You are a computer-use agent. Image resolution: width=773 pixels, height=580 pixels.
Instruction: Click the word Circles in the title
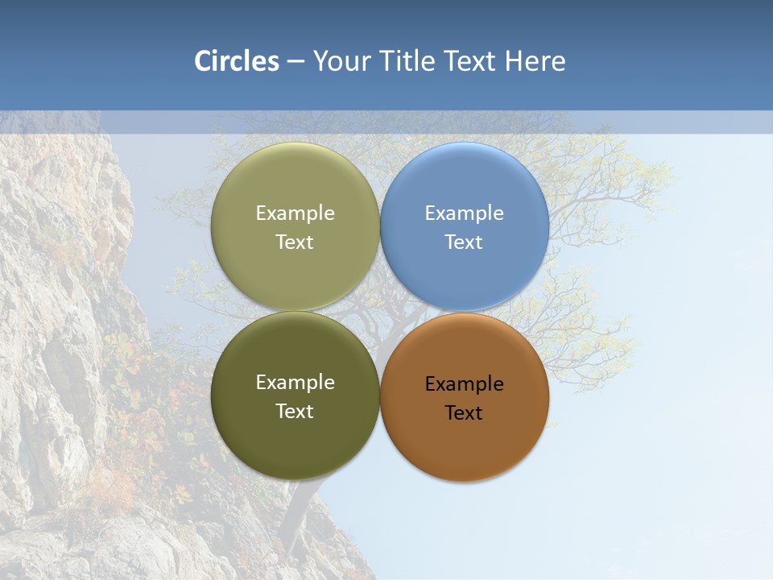pyautogui.click(x=236, y=61)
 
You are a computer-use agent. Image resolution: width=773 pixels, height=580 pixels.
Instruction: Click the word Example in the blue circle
pyautogui.click(x=464, y=213)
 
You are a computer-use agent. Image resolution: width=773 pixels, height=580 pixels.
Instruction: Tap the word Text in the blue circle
pyautogui.click(x=464, y=242)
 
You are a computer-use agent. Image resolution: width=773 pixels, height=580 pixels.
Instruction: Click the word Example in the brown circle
pyautogui.click(x=464, y=384)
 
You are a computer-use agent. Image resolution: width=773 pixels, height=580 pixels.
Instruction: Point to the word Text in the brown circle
pyautogui.click(x=464, y=413)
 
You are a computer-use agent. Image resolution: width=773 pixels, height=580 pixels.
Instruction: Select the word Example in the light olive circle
pyautogui.click(x=295, y=213)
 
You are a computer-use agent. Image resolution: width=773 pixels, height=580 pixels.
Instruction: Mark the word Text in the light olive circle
pyautogui.click(x=295, y=242)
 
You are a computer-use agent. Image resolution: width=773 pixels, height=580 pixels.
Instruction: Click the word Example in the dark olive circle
pyautogui.click(x=295, y=383)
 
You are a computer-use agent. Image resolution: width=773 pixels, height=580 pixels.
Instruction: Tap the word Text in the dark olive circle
pyautogui.click(x=295, y=412)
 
